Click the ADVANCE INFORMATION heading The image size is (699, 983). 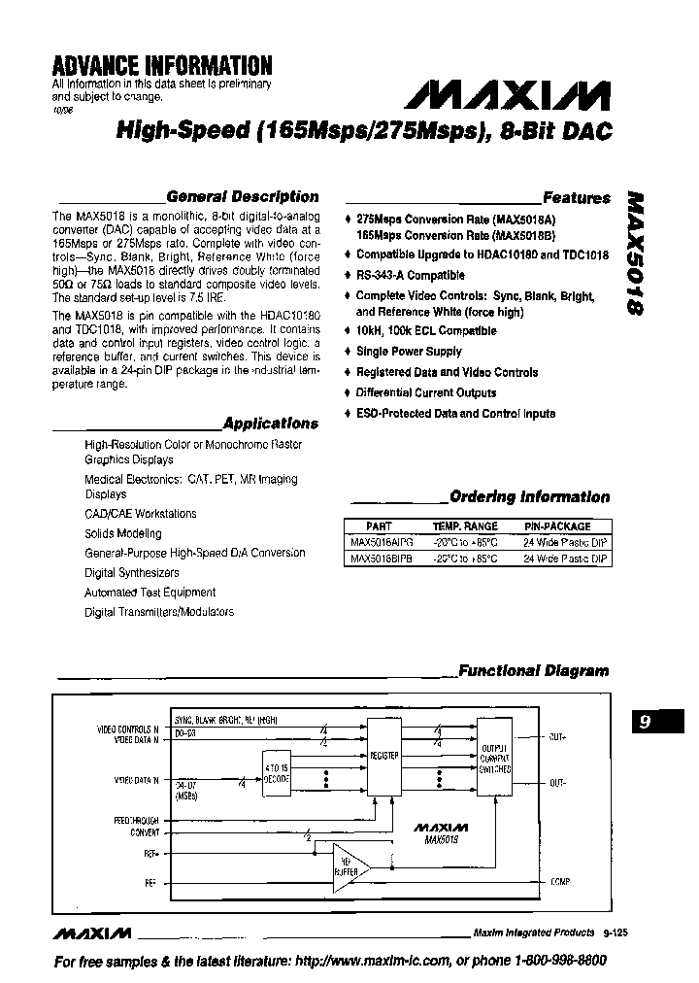click(x=161, y=66)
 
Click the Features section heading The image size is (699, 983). click(x=577, y=198)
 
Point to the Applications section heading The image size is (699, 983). click(x=270, y=424)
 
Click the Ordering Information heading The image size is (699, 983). click(x=530, y=497)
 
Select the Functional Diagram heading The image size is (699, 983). click(x=533, y=670)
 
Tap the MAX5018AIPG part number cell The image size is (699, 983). click(x=381, y=543)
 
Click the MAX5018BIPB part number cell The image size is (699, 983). click(x=381, y=559)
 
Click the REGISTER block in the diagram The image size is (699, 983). click(x=383, y=756)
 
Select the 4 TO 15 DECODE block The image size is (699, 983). click(x=276, y=775)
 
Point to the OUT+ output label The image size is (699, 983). click(x=557, y=737)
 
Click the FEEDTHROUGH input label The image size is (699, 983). click(x=136, y=821)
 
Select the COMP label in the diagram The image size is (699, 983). click(x=559, y=882)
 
